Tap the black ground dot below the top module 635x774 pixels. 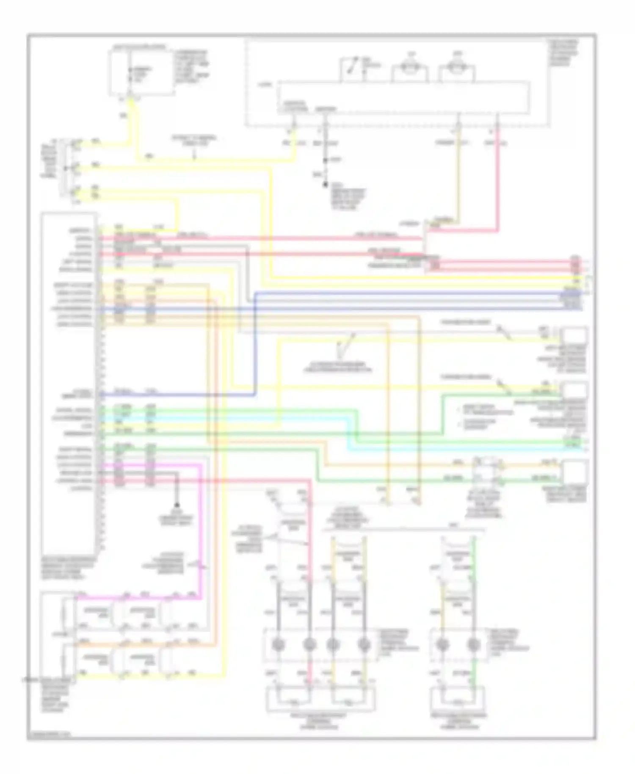(326, 185)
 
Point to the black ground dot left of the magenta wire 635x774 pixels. (177, 505)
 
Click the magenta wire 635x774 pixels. (199, 529)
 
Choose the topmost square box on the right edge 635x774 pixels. (574, 335)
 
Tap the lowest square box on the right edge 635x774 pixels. (574, 472)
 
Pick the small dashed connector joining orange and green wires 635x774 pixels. (487, 470)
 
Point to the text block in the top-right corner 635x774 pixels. (564, 53)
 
